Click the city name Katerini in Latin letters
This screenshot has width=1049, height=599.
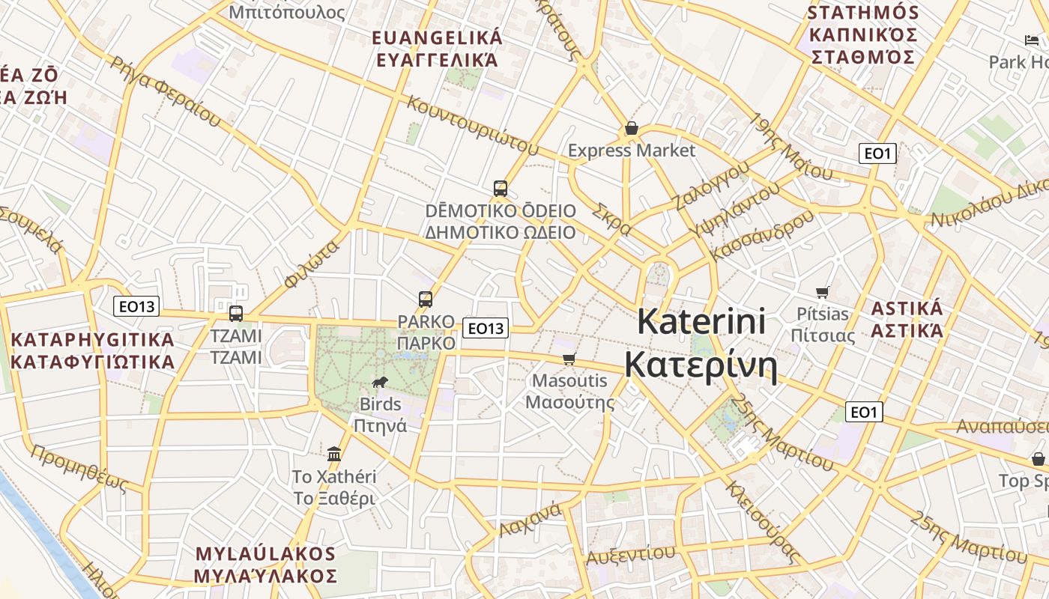701,322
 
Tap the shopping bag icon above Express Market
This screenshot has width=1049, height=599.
631,129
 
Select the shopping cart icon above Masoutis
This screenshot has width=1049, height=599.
569,359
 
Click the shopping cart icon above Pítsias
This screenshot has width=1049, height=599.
823,292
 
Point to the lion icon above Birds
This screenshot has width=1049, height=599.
380,383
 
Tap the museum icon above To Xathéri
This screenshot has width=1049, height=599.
334,454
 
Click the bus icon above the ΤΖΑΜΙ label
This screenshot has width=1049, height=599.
235,313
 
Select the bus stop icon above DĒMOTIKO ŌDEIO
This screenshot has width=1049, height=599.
501,189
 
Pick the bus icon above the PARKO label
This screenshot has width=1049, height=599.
426,299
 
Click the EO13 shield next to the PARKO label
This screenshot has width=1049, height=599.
486,328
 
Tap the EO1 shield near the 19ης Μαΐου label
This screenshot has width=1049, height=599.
877,153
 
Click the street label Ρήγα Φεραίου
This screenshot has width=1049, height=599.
166,90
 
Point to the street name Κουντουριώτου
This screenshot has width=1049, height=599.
473,125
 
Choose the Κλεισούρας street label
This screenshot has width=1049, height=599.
761,522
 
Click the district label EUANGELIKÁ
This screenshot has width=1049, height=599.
438,37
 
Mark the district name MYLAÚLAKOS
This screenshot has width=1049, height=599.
265,554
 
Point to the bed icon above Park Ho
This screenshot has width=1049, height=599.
1032,40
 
